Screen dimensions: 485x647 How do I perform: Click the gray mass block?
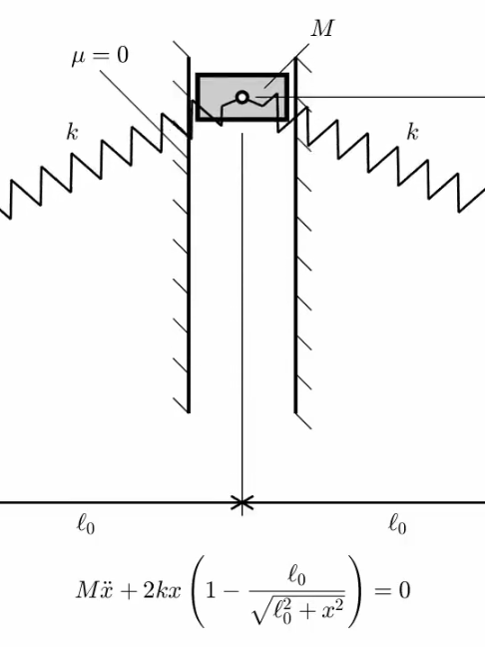point(242,97)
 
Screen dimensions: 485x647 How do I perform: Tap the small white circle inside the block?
point(242,98)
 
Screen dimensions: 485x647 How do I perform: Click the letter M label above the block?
point(321,29)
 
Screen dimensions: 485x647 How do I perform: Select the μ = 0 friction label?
point(100,56)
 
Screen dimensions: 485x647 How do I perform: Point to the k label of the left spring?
point(72,132)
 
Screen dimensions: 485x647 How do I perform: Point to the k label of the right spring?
point(412,132)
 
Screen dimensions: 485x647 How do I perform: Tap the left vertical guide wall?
point(189,236)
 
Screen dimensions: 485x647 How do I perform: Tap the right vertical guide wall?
point(295,236)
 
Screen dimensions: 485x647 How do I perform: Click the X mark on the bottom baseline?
point(242,503)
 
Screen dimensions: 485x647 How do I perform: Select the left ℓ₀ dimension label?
point(86,525)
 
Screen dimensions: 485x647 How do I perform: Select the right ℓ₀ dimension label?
point(397,525)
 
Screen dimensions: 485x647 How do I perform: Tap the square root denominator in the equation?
point(297,609)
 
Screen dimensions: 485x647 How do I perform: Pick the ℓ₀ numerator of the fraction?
point(297,576)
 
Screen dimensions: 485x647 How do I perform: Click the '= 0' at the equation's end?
point(392,590)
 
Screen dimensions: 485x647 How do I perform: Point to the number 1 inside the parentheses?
point(211,590)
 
